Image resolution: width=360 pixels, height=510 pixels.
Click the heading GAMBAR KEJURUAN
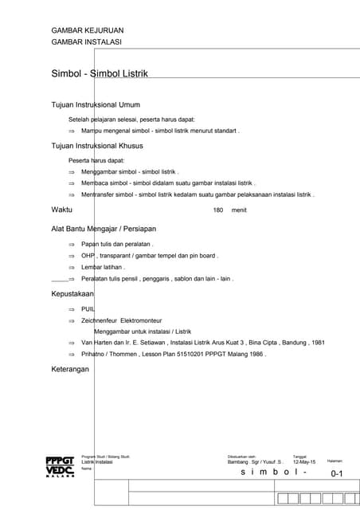[87, 30]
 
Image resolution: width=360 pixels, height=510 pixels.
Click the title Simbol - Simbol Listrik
[100, 73]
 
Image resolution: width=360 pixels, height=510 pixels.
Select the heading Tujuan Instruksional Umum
[96, 104]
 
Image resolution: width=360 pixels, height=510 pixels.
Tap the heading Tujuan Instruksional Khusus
[98, 146]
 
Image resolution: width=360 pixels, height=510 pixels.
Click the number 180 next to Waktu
[218, 210]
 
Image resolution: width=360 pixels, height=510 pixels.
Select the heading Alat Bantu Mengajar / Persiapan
[103, 229]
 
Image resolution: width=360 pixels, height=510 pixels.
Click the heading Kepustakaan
[72, 293]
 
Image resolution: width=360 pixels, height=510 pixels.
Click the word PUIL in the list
[88, 308]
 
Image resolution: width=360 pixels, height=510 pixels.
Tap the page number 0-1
[336, 474]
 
